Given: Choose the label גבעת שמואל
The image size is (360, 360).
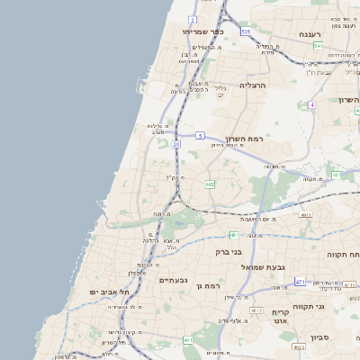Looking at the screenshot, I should (x=261, y=268).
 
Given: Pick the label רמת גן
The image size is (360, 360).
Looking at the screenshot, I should (x=208, y=285).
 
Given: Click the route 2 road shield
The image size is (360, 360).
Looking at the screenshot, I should (x=193, y=19).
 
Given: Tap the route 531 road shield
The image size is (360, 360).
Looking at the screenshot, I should (x=246, y=31).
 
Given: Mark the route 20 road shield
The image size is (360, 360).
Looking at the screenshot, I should (x=177, y=143).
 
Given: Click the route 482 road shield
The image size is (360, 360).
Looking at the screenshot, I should (x=210, y=184).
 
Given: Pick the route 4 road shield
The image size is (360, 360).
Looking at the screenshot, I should (x=311, y=105).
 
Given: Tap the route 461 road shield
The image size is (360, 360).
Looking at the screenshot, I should (x=188, y=340).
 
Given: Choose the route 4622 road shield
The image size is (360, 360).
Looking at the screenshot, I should (x=298, y=346).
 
